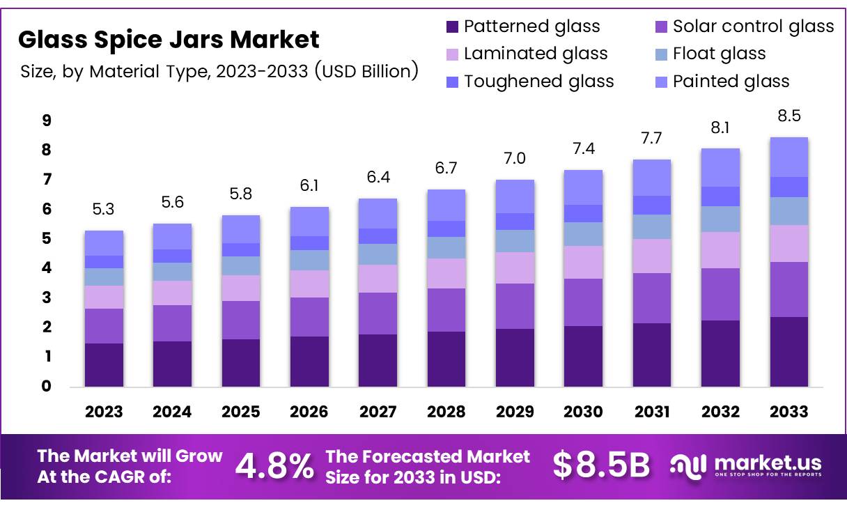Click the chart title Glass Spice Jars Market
pos(169,40)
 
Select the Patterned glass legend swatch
pos(452,27)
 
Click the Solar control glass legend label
pos(753,27)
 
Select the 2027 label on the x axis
pos(378,412)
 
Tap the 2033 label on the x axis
pos(788,412)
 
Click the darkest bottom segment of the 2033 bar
pos(788,352)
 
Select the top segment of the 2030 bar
pos(583,187)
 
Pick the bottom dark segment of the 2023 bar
pos(104,365)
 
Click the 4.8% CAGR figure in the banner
pos(274,467)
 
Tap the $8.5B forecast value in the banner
pos(602,466)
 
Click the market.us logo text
pos(766,463)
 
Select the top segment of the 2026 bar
pos(309,222)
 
